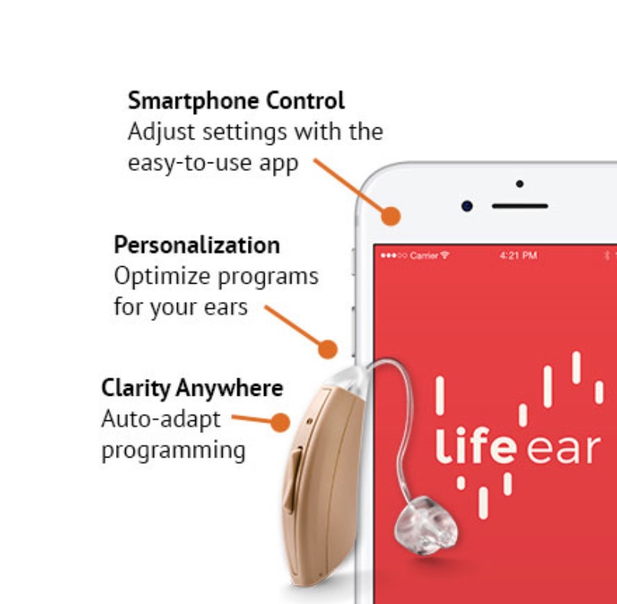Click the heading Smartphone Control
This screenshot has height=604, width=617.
(236, 101)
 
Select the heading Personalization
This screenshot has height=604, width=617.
(197, 245)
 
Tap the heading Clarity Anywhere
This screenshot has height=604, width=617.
(192, 388)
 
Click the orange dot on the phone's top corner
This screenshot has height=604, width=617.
(390, 217)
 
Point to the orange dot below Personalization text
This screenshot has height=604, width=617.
(327, 349)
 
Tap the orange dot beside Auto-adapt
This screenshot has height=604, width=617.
(280, 422)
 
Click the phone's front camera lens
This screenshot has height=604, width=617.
(467, 206)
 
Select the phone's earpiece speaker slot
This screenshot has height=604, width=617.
(520, 206)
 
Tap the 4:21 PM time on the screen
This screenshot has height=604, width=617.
(518, 255)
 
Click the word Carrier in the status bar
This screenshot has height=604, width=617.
(424, 255)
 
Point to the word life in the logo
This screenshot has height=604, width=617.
(475, 447)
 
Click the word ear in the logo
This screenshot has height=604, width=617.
(564, 449)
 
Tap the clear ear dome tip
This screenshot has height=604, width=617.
(426, 525)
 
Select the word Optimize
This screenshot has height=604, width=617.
(162, 276)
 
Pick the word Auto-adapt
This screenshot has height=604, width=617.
(161, 419)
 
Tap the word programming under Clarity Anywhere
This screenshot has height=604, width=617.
(174, 451)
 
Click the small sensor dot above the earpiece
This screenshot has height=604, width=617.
(520, 184)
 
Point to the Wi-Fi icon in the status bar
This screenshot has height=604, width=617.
(445, 255)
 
